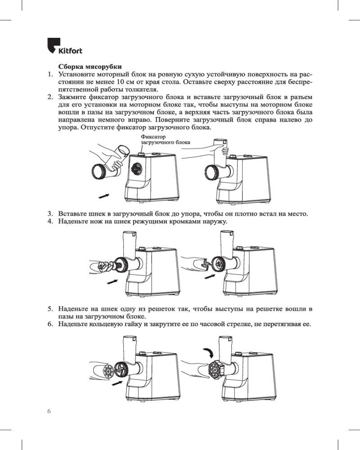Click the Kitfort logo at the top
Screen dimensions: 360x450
(x=65, y=46)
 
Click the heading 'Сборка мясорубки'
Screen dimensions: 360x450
(x=90, y=67)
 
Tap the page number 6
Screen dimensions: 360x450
(x=49, y=411)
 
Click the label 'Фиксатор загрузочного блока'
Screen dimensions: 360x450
(x=165, y=139)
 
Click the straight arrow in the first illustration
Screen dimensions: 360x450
(x=104, y=196)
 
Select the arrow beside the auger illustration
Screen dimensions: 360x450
(x=112, y=282)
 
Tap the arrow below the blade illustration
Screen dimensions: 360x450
(x=210, y=277)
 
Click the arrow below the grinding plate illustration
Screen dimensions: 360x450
(x=117, y=383)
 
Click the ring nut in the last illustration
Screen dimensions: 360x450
(x=215, y=369)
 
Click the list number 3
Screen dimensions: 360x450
(x=50, y=214)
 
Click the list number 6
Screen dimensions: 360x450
(x=50, y=324)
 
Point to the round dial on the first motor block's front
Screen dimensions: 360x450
(x=135, y=169)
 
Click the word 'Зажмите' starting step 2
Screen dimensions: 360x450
(x=72, y=97)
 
